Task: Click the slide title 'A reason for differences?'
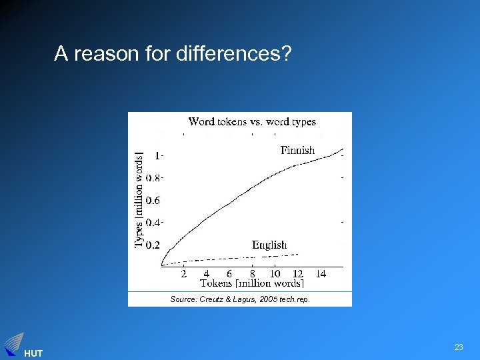[x=173, y=53]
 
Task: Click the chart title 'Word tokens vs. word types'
[x=252, y=121]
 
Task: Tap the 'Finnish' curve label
[x=297, y=150]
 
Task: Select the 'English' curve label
[x=269, y=245]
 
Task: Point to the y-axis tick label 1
[x=157, y=155]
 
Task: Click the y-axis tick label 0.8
[x=154, y=178]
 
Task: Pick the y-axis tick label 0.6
[x=153, y=200]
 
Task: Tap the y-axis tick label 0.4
[x=154, y=223]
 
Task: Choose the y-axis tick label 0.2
[x=153, y=245]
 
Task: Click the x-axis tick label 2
[x=183, y=273]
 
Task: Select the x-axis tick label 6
[x=229, y=273]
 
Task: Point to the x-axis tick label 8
[x=252, y=273]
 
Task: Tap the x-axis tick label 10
[x=275, y=273]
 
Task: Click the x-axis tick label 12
[x=298, y=273]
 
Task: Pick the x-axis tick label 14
[x=321, y=273]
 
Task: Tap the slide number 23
[x=459, y=347]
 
